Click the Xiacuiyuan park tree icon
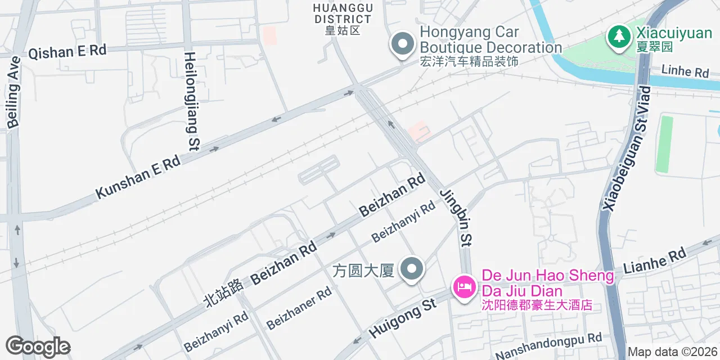pos(619,37)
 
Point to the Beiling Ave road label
pos(13,91)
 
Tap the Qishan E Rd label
pos(67,52)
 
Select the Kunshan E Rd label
pos(138,176)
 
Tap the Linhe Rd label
pos(685,72)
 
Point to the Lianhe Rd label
pos(655,262)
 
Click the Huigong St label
pos(402,318)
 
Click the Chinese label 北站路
pos(223,292)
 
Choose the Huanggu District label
pos(343,19)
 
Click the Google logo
pos(38,346)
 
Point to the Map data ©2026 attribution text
pos(673,352)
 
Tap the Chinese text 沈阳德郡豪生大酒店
pos(537,305)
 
